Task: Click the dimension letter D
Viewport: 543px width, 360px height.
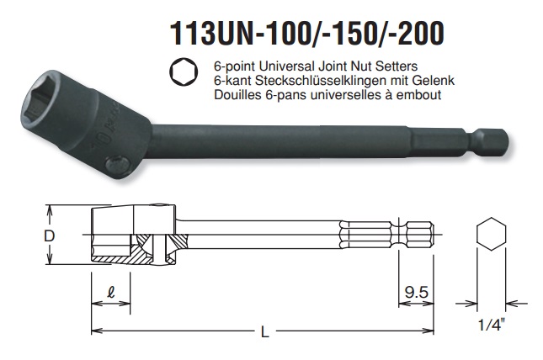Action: (50, 236)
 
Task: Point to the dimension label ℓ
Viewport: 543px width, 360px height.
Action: (110, 294)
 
